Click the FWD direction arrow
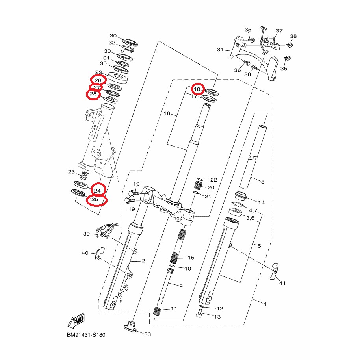point(76,321)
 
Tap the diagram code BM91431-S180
point(86,335)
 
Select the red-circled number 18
point(197,89)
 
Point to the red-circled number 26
point(98,80)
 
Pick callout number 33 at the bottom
point(148,334)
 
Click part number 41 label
point(282,283)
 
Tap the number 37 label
point(279,31)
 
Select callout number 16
point(167,113)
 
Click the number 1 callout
point(265,304)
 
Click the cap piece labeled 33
point(130,326)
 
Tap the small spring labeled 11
point(157,311)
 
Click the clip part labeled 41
point(274,271)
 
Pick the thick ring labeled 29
point(118,78)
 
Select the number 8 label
point(263,182)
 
